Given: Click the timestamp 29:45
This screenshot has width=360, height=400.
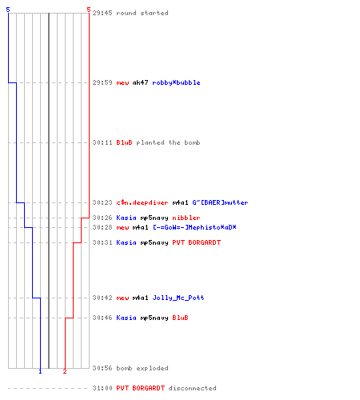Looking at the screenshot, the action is click(102, 13).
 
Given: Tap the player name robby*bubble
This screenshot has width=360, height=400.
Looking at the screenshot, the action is click(176, 82).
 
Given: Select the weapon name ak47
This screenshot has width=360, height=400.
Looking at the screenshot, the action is click(140, 82).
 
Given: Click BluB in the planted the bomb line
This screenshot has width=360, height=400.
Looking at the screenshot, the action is click(124, 142).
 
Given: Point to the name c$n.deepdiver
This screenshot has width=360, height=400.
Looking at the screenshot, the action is click(142, 202).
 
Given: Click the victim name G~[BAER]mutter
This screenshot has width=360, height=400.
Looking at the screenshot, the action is click(220, 202).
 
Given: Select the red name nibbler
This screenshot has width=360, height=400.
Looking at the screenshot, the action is click(186, 218).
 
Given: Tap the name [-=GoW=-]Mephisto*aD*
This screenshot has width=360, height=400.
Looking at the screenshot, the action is click(194, 227).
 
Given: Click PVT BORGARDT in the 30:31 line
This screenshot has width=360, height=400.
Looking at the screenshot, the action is click(197, 242).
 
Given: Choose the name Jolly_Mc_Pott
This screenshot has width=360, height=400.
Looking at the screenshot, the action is click(178, 298).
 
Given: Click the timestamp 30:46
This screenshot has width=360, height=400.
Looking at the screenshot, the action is click(102, 318).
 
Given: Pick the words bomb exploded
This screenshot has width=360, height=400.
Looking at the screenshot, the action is click(142, 368).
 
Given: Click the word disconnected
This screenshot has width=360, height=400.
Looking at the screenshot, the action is click(192, 388).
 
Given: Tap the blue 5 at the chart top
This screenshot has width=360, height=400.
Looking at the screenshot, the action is click(8, 10).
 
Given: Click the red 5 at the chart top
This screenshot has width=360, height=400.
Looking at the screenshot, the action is click(89, 10).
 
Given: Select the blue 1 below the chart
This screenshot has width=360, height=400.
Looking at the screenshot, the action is click(40, 371).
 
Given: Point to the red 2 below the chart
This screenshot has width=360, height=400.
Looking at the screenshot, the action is click(65, 371).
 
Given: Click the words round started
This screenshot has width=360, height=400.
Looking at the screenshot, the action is click(142, 13).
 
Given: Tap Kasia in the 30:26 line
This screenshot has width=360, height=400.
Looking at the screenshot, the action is click(126, 218).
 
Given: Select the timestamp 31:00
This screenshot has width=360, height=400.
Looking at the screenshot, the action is click(102, 388).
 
